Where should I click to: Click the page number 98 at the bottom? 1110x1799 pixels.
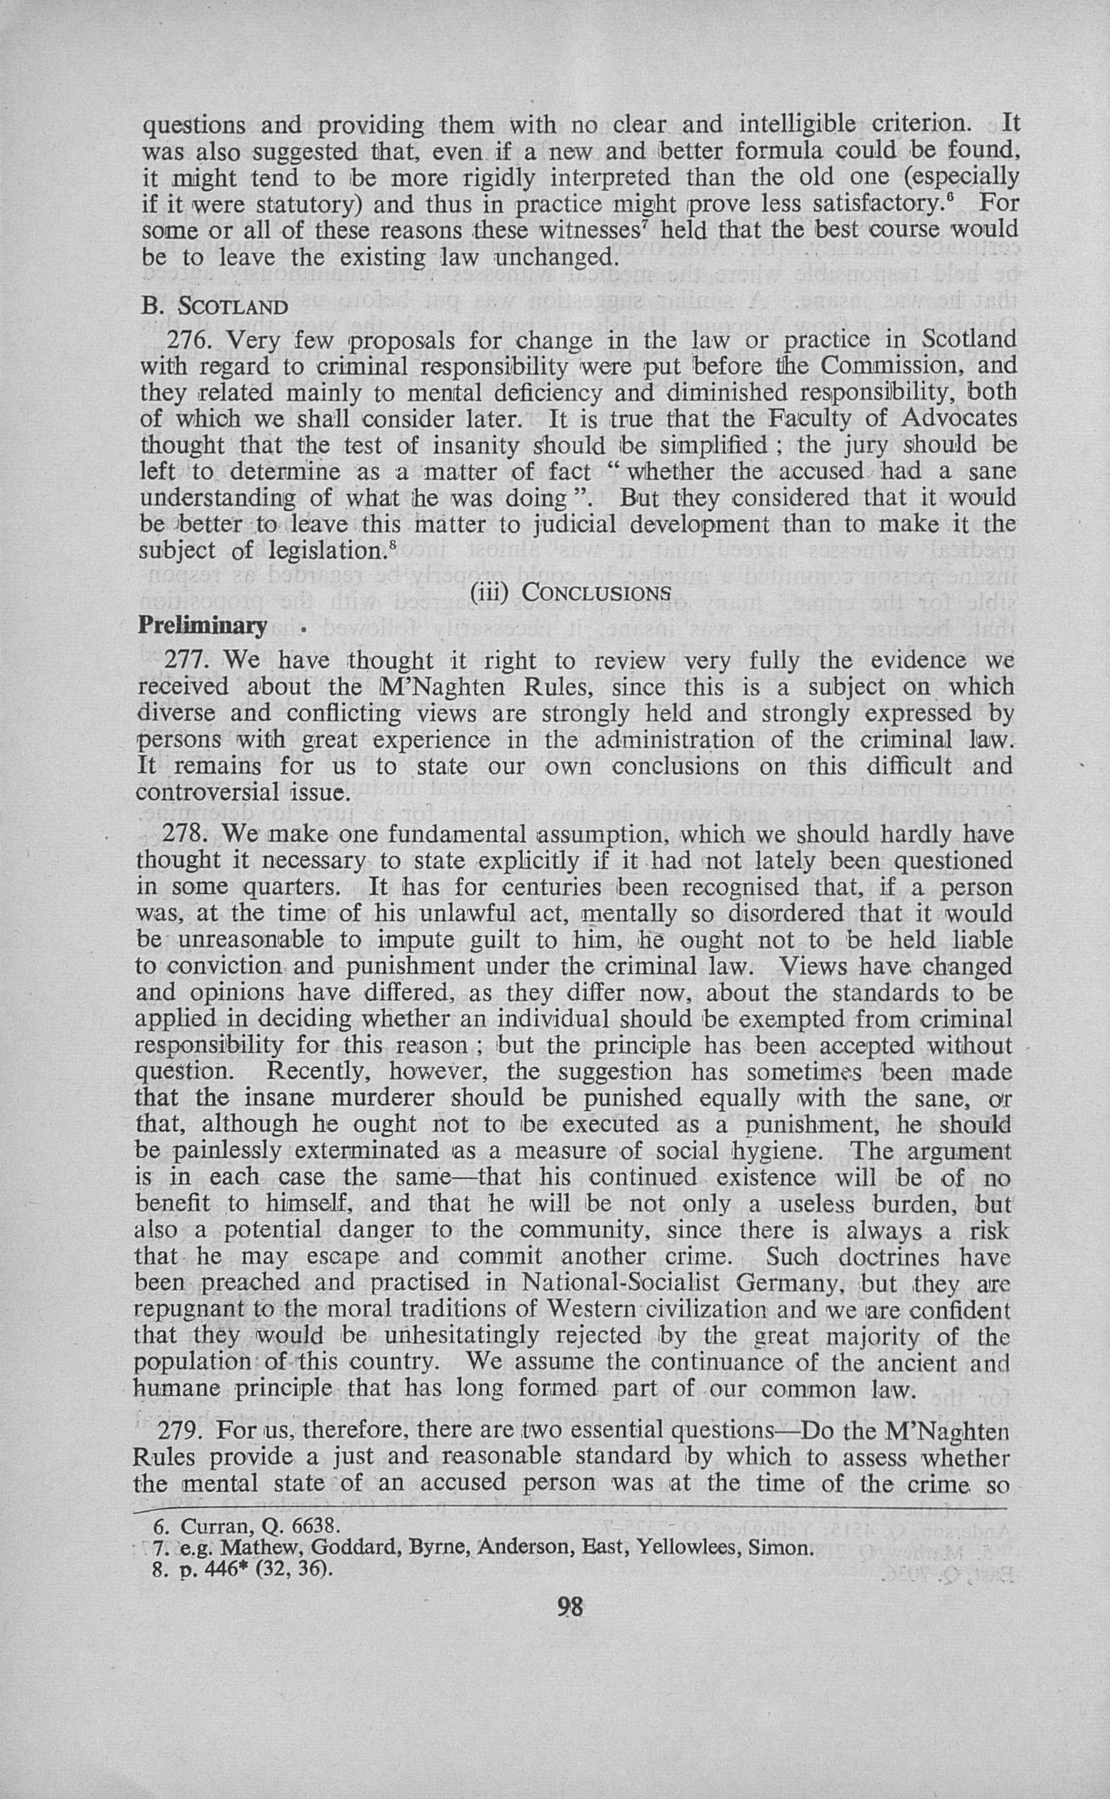(x=569, y=1607)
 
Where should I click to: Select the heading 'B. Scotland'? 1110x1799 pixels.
(x=214, y=305)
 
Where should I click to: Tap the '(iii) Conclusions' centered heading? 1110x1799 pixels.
(x=569, y=592)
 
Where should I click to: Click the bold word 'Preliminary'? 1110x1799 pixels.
(x=203, y=625)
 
